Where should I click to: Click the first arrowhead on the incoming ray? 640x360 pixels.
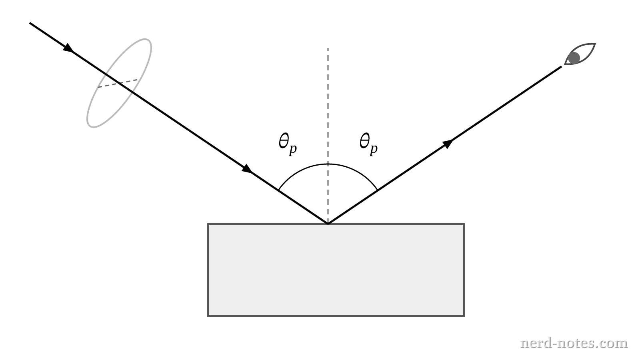68,48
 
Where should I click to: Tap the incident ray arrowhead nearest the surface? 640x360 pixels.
247,168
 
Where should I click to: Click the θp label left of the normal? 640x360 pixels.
288,144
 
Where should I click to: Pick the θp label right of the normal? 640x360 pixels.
368,144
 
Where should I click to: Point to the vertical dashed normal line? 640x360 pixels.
328,136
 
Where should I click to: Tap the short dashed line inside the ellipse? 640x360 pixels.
118,83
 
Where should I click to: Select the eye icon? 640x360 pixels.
580,54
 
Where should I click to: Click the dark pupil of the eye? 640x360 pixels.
574,58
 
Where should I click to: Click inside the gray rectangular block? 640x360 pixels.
336,270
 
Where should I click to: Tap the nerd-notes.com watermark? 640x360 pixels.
574,343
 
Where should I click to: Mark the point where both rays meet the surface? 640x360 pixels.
328,224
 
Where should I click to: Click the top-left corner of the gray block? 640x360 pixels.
208,224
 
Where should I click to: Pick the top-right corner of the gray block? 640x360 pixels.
464,224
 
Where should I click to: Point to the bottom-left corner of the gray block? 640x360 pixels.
208,316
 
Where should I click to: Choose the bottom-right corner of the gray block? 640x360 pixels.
464,316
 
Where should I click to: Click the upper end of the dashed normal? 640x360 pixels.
328,48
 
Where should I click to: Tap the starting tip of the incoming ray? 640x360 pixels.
30,23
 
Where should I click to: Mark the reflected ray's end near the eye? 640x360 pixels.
562,66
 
